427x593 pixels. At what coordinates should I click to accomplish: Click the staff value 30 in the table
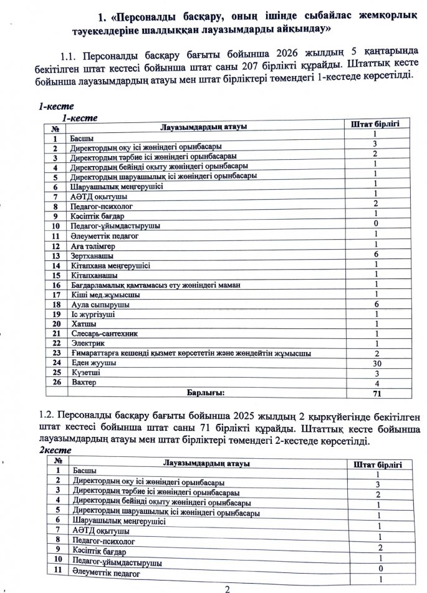376,363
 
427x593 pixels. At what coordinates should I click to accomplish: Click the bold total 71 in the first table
377,394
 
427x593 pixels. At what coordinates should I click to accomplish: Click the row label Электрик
88,343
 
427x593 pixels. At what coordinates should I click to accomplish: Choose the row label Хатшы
84,324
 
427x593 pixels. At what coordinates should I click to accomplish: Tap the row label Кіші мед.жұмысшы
101,294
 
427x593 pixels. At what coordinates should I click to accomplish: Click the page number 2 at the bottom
227,588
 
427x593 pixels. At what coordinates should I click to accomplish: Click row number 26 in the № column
55,382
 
